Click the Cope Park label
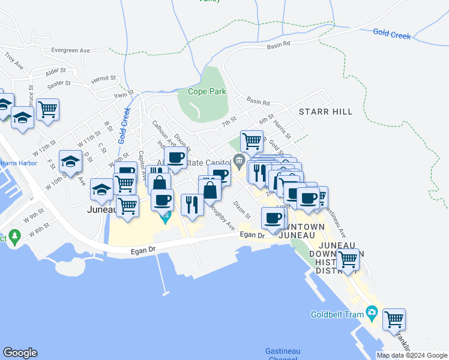pyautogui.click(x=206, y=92)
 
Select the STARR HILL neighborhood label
pyautogui.click(x=325, y=112)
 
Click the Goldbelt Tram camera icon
pyautogui.click(x=372, y=313)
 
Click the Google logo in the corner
pyautogui.click(x=20, y=353)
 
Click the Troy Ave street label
pyautogui.click(x=12, y=58)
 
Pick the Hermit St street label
pyautogui.click(x=103, y=79)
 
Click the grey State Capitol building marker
pyautogui.click(x=239, y=160)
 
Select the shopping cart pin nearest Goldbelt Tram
pyautogui.click(x=394, y=320)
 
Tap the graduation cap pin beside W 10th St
pyautogui.click(x=71, y=162)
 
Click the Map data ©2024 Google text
pyautogui.click(x=412, y=355)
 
